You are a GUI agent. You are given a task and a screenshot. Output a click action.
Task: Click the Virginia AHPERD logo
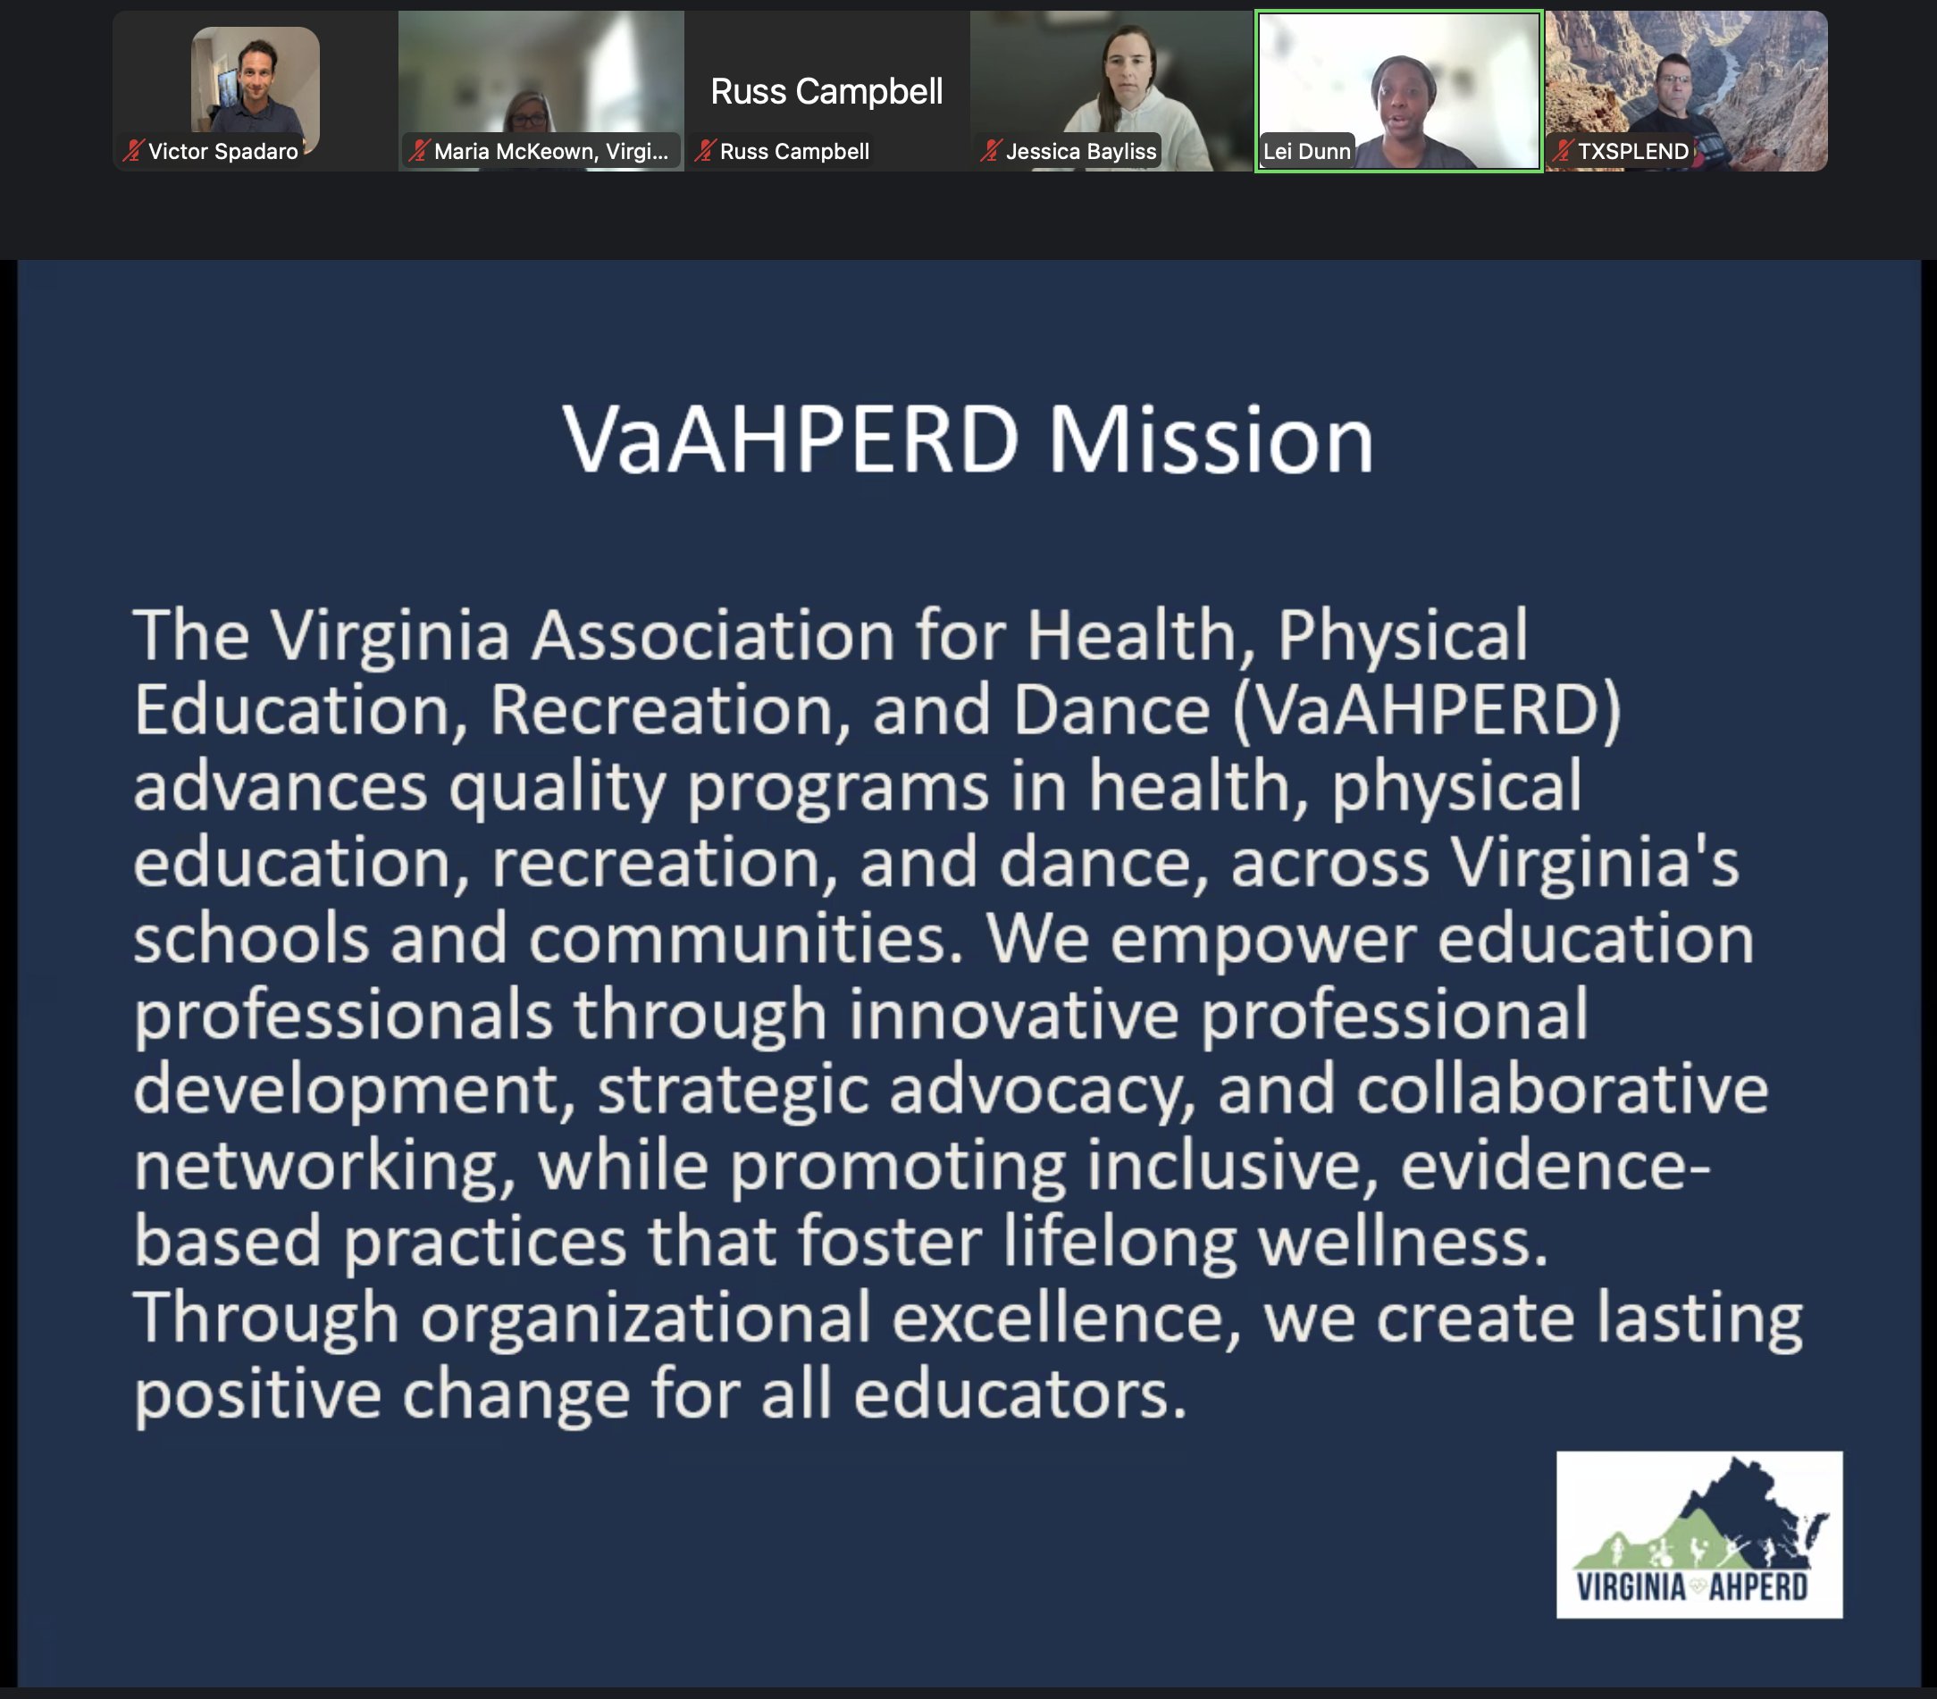pyautogui.click(x=1699, y=1534)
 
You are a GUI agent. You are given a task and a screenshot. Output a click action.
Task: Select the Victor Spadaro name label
pyautogui.click(x=222, y=152)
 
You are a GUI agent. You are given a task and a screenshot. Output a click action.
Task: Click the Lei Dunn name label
pyautogui.click(x=1307, y=152)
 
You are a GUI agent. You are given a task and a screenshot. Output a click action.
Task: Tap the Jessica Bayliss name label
pyautogui.click(x=1081, y=152)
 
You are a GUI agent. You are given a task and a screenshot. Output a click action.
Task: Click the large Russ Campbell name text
pyautogui.click(x=826, y=92)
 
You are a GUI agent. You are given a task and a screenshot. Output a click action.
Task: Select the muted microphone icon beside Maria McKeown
pyautogui.click(x=418, y=152)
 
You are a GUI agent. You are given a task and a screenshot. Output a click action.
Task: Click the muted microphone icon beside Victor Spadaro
pyautogui.click(x=132, y=152)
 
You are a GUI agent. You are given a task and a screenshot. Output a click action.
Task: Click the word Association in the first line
pyautogui.click(x=713, y=635)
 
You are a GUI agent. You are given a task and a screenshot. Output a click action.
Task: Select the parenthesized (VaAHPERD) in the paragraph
pyautogui.click(x=1426, y=711)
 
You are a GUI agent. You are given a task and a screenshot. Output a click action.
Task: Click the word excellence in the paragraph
pyautogui.click(x=1066, y=1318)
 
